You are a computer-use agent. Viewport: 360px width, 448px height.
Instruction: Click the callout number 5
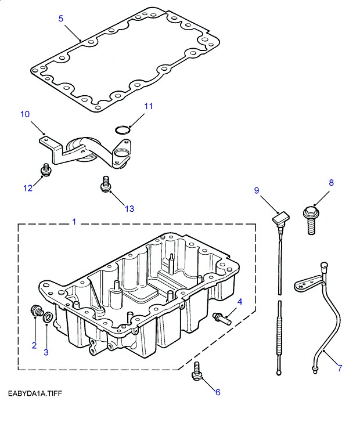tap(61, 18)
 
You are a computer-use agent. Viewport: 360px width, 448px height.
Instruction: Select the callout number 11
tap(149, 106)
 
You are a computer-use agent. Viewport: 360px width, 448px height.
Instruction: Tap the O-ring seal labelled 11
tap(121, 129)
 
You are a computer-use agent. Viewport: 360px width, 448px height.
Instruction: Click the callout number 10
tap(24, 114)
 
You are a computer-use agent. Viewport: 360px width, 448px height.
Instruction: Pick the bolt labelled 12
tap(45, 169)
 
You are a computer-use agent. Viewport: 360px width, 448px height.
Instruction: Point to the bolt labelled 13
tap(105, 183)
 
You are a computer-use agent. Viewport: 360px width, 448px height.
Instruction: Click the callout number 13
tap(129, 208)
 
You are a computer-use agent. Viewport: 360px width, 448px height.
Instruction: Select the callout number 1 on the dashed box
tap(74, 222)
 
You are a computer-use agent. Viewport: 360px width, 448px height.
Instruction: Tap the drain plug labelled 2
tap(37, 312)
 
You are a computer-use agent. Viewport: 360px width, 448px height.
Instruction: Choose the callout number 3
tap(46, 352)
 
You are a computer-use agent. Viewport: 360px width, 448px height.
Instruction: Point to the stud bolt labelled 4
tap(222, 317)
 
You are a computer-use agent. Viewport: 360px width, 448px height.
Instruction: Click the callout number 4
tap(239, 301)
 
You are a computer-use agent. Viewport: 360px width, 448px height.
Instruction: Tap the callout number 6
tap(218, 392)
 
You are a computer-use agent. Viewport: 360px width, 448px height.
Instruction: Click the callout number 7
tap(340, 368)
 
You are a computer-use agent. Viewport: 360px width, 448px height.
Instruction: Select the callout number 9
tap(255, 190)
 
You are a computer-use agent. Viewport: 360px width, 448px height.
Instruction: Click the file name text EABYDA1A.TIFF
tap(35, 394)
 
